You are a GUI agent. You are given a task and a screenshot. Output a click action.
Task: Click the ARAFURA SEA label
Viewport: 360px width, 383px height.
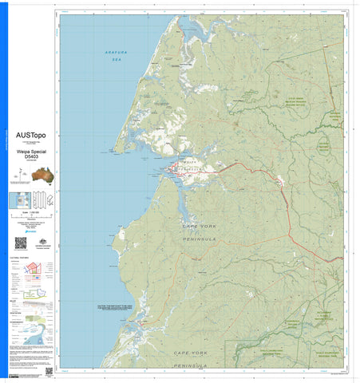(116, 55)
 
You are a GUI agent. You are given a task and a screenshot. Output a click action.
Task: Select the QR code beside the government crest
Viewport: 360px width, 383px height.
(20, 243)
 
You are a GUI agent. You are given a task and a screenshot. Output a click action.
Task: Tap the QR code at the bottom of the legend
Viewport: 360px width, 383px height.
(49, 371)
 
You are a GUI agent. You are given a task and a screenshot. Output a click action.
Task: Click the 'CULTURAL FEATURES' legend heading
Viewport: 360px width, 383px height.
(20, 259)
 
